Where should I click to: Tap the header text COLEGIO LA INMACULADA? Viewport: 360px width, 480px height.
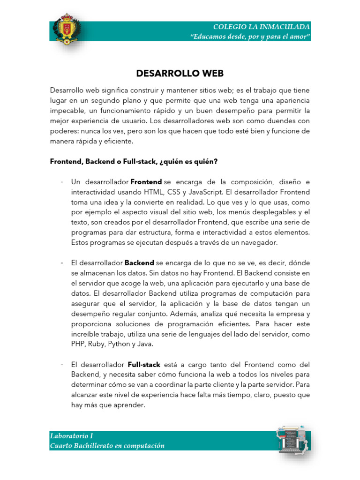[x=261, y=27]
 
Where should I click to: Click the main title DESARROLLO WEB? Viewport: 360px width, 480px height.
[x=180, y=74]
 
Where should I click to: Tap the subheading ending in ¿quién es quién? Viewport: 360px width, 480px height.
[x=134, y=161]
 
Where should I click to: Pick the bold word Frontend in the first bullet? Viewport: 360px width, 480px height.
[x=146, y=181]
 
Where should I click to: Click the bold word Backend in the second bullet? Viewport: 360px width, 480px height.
[x=139, y=262]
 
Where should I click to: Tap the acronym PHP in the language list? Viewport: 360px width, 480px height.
[x=78, y=344]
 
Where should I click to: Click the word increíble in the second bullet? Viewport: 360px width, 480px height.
[x=86, y=333]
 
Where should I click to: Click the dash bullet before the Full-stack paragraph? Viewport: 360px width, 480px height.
[x=62, y=364]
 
